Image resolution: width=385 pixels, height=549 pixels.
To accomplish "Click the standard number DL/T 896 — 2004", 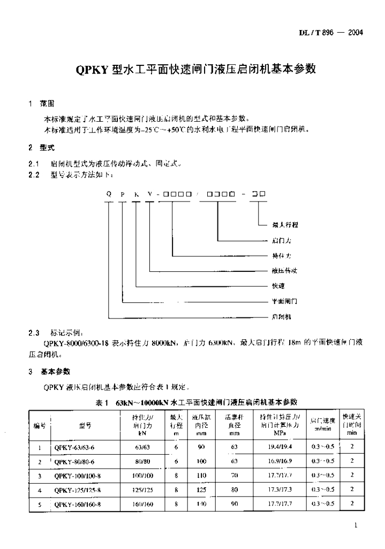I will click(331, 33).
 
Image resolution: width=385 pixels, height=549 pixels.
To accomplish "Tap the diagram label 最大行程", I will click(285, 225).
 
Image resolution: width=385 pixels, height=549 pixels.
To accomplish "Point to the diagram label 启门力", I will click(281, 241).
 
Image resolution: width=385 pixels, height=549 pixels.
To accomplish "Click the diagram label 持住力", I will click(281, 256).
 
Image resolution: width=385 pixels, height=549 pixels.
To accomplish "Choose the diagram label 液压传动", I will click(284, 271).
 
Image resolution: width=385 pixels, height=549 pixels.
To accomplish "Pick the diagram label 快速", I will click(278, 286).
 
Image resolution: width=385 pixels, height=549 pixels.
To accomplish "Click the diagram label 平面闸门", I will click(284, 301).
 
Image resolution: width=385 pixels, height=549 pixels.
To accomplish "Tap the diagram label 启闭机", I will click(281, 317).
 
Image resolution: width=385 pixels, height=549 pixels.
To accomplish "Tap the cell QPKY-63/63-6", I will click(74, 446).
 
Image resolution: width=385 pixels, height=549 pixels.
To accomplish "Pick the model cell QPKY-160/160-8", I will click(78, 504).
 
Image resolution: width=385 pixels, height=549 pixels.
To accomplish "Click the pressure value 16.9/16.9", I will click(280, 461).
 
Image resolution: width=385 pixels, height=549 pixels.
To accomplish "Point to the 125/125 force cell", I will click(142, 489).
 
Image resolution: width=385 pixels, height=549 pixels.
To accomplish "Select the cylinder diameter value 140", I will click(200, 504).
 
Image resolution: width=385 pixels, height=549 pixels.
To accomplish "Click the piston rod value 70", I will click(234, 475).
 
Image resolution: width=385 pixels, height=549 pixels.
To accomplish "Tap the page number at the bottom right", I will click(356, 526).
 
